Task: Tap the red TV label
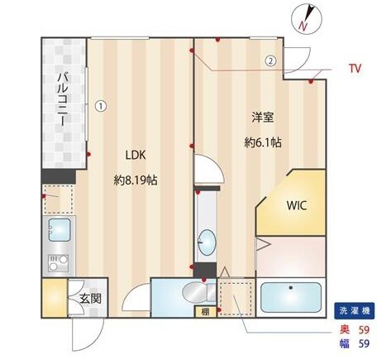tap(355, 67)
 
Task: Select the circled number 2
tap(270, 60)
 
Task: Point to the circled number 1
tap(100, 105)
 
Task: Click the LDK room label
tap(136, 154)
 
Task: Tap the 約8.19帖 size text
tap(136, 178)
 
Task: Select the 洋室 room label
tap(263, 117)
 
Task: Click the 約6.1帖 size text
tap(263, 142)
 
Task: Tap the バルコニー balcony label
tap(61, 98)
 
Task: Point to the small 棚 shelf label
tap(203, 312)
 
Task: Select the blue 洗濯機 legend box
tap(354, 312)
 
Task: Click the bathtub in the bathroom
tap(290, 296)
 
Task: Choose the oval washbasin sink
tap(208, 244)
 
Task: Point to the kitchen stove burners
tap(57, 265)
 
